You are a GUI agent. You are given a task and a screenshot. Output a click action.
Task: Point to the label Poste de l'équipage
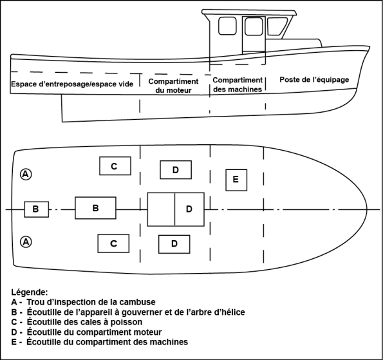(x=314, y=80)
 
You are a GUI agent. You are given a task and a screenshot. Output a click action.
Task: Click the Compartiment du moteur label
(x=173, y=86)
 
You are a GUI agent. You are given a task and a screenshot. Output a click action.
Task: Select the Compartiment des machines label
(x=238, y=85)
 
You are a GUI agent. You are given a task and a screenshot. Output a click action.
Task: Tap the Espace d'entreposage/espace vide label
(x=72, y=84)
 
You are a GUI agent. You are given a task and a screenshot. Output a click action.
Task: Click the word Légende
(x=30, y=292)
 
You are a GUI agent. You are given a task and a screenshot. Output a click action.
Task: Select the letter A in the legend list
(x=14, y=302)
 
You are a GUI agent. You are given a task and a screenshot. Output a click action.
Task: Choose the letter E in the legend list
(x=14, y=342)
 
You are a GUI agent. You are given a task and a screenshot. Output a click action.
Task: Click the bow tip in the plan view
(x=367, y=209)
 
